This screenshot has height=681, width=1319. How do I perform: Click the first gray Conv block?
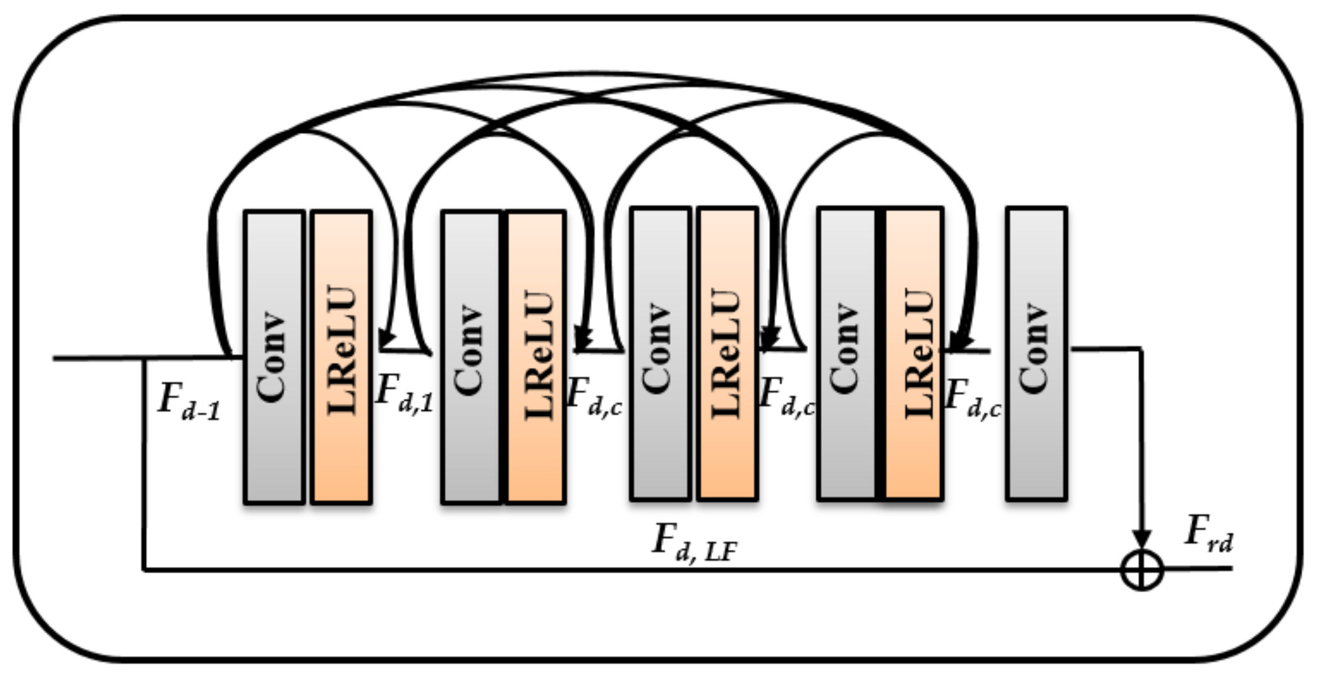point(274,356)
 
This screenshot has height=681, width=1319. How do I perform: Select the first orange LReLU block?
point(341,356)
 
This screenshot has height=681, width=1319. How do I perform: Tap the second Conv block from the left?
point(471,356)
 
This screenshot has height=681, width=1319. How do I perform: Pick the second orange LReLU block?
point(537,356)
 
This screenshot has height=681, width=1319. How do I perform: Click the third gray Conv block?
point(660,353)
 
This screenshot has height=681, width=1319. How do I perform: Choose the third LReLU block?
point(727,353)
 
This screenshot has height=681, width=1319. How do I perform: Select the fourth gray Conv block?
point(847,353)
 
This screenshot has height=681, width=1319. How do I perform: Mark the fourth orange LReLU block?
point(914,353)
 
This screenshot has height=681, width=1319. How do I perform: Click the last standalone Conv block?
point(1037,353)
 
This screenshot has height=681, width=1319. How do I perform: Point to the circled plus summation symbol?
point(1141,569)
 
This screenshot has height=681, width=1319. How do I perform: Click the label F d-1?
point(189,402)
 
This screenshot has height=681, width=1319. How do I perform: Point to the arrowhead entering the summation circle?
point(1141,539)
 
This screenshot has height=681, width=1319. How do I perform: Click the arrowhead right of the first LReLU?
point(386,340)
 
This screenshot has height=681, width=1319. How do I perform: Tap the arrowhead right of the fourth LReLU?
point(958,342)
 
